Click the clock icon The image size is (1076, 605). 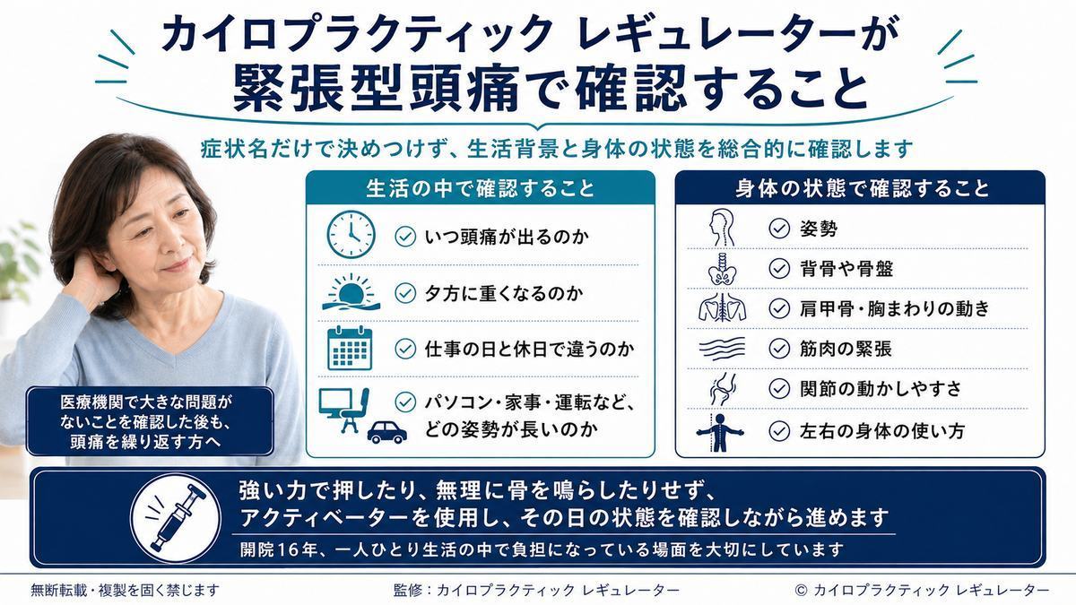[351, 234]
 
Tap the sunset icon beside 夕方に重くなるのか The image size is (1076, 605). [351, 292]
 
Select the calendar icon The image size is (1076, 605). [350, 348]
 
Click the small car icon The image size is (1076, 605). [386, 432]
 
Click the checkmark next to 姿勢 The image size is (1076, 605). [778, 228]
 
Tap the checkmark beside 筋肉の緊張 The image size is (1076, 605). [778, 348]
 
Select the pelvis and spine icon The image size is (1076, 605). [722, 268]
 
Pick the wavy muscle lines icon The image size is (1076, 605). [722, 349]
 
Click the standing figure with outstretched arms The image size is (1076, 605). [719, 432]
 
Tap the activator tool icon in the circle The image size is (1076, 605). [176, 518]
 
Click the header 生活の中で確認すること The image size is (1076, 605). [481, 188]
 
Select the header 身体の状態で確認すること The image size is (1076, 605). [863, 188]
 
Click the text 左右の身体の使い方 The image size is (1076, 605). [882, 431]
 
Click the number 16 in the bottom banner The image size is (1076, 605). [288, 549]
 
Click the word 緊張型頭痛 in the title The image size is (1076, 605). [377, 89]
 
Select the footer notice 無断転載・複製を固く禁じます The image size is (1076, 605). [125, 590]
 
